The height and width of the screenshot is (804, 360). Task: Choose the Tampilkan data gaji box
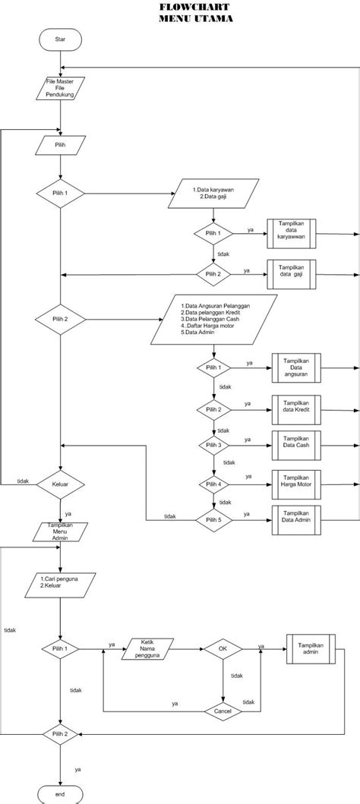pos(292,273)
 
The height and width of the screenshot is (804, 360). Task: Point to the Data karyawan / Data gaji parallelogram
pos(216,194)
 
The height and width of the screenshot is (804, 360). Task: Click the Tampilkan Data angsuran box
pos(296,367)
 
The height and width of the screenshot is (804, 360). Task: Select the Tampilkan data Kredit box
pos(296,408)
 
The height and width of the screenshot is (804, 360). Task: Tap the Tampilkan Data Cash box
pos(296,443)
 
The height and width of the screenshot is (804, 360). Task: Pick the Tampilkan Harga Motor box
pos(296,481)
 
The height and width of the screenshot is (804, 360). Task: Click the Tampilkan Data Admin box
pos(296,519)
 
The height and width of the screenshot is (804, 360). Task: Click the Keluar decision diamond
pos(61,483)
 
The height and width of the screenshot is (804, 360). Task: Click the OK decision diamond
pos(223,649)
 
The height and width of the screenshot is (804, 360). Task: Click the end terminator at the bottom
pos(61,794)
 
